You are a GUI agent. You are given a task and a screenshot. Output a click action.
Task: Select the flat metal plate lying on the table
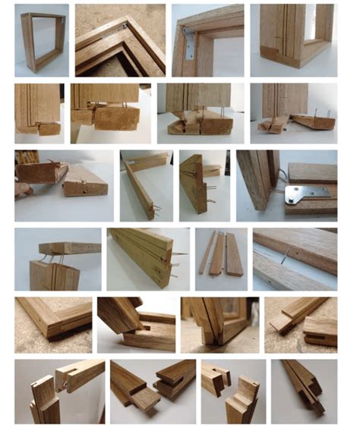pos(308,193)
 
